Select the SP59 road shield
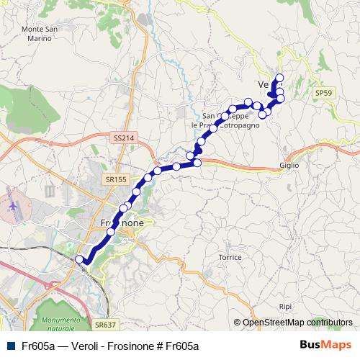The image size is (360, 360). coord(322,93)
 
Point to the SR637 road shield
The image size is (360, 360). coord(104,325)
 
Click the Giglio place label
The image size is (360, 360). coord(289,165)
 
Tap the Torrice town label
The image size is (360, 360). coord(230,256)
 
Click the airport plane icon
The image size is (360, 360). coord(13,204)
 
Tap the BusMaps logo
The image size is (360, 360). coord(325,345)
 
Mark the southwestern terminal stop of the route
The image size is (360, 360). coord(79,258)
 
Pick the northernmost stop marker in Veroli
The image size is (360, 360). coord(279,78)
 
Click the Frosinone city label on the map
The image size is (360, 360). coord(118,224)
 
